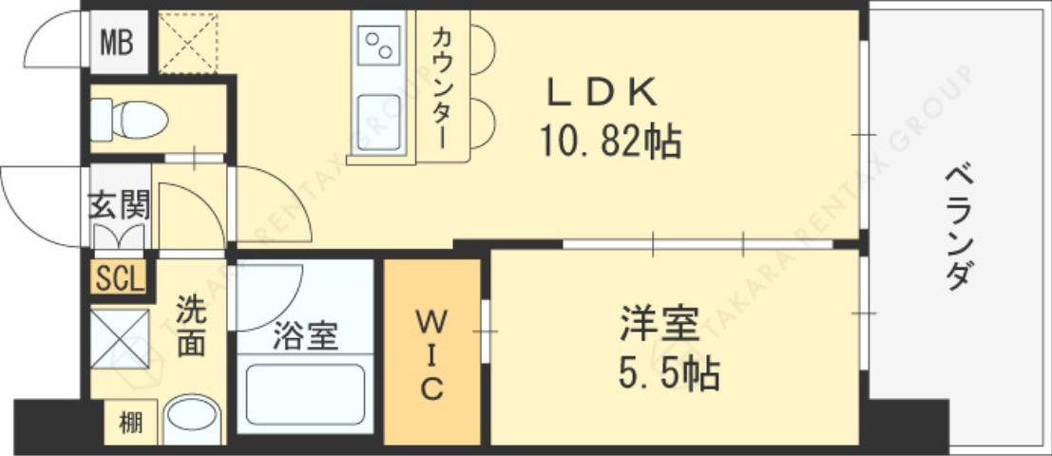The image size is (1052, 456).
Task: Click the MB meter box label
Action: [x=119, y=43]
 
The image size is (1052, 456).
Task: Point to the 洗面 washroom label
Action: [x=190, y=328]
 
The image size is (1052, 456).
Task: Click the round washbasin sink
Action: [x=192, y=420]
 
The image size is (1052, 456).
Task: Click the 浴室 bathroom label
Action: [x=305, y=336]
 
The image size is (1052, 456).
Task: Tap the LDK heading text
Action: [x=602, y=94]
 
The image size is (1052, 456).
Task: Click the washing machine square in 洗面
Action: [x=120, y=338]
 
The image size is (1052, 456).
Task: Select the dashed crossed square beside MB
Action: [x=189, y=43]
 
